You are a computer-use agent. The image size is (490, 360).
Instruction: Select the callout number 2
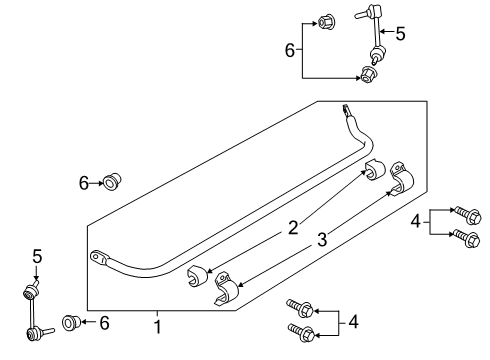coord(292,229)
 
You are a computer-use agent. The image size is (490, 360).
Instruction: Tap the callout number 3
coord(323,239)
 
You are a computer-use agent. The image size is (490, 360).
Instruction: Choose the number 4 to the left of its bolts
coord(415,221)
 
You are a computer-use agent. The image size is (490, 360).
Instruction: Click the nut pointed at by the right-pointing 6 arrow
coord(113,181)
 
